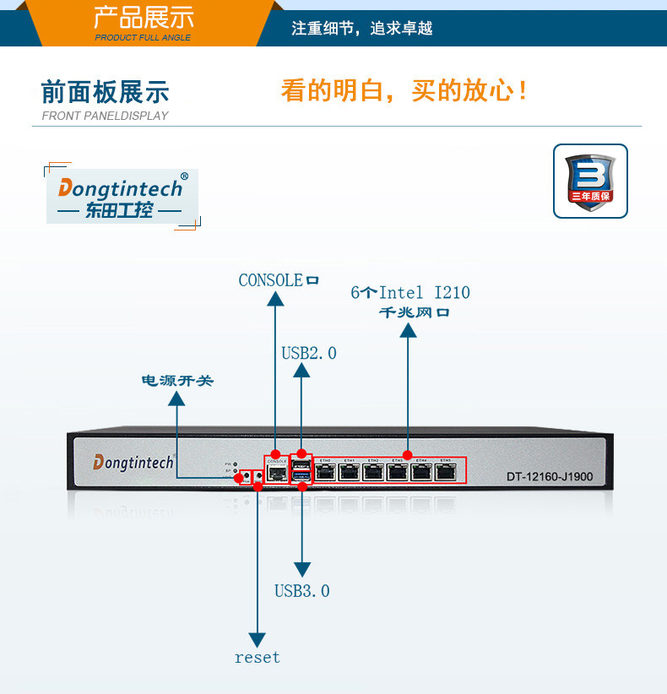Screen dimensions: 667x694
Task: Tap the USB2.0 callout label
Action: (308, 353)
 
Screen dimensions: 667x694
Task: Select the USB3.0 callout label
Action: (301, 591)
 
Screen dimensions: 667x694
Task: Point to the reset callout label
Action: (257, 657)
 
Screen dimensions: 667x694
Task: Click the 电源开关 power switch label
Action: (176, 382)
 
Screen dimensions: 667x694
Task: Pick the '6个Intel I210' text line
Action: (410, 293)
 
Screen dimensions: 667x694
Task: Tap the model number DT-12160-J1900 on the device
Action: (550, 477)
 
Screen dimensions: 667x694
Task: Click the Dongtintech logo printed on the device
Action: (133, 463)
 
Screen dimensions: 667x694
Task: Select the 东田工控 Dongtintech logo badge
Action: (122, 197)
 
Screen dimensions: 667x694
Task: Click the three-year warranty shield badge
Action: (590, 181)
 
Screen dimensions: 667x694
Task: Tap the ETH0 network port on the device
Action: (325, 471)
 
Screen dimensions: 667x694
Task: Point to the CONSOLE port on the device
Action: (275, 472)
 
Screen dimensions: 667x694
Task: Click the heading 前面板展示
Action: (105, 92)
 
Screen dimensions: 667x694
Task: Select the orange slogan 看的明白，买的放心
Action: (404, 90)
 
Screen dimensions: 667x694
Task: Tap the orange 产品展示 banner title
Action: (143, 17)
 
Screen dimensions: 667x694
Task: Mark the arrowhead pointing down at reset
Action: (258, 637)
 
